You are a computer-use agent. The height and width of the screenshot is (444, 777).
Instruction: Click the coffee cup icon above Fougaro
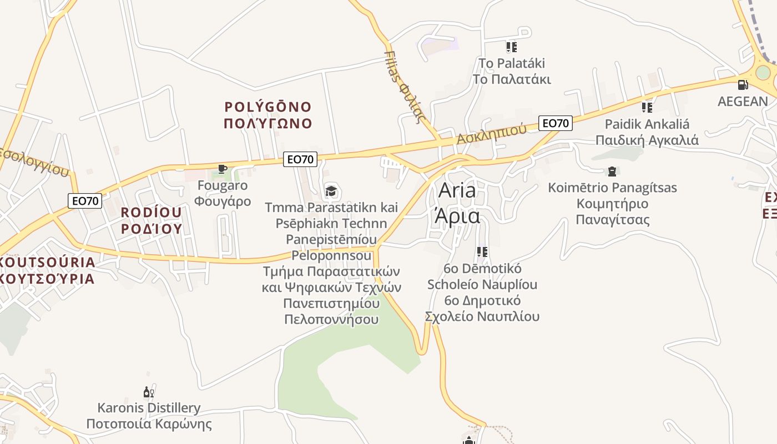coord(222,169)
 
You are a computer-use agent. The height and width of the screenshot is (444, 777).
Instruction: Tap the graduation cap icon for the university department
coord(331,191)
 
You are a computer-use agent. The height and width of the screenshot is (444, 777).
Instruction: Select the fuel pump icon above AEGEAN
coord(743,85)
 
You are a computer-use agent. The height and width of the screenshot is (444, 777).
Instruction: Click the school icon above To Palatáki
coord(511,47)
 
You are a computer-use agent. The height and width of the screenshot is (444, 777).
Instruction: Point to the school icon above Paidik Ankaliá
coord(647,107)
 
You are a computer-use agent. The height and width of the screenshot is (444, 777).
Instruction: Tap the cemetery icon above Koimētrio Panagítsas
coord(612,171)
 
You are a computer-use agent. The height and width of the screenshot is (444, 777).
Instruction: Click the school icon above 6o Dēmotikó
coord(482,252)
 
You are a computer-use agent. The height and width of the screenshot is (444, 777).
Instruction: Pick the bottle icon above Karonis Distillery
coord(148,392)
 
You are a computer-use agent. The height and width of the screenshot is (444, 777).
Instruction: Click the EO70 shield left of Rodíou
coord(85,201)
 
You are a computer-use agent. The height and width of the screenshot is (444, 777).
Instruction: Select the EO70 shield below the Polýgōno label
coord(300,159)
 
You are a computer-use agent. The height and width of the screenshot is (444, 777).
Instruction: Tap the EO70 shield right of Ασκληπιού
coord(555,123)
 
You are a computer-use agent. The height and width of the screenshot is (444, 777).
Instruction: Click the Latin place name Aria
coord(457,190)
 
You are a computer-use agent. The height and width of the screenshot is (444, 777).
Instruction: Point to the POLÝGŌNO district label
coord(268,107)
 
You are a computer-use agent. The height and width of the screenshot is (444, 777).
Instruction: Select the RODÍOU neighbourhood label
coord(151,213)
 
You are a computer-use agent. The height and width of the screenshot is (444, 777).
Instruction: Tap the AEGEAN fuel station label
coord(743,102)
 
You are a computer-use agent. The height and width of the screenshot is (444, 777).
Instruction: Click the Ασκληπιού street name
coord(492,134)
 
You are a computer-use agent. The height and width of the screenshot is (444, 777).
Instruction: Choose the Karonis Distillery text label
coord(149,408)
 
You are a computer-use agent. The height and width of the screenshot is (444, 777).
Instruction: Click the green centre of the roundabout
coord(763,73)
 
